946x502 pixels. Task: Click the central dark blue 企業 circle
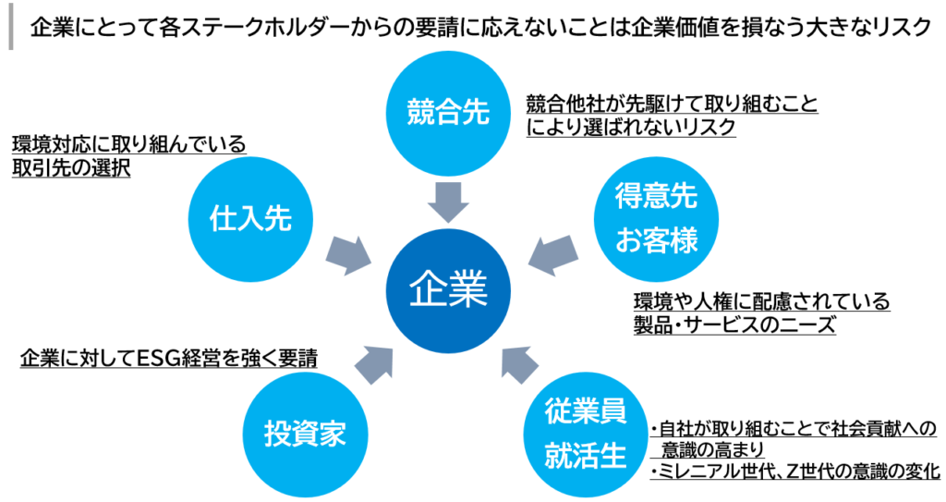tap(448, 290)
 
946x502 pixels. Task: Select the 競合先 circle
tap(448, 113)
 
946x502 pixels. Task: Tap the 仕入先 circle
tap(250, 219)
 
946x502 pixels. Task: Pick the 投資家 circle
tap(305, 435)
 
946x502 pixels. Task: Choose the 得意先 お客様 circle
tap(657, 219)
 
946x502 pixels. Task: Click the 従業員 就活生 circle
tap(585, 435)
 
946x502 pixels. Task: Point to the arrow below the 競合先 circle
tap(448, 202)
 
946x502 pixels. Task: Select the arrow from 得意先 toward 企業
tap(552, 255)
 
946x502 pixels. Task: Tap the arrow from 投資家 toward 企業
tap(374, 365)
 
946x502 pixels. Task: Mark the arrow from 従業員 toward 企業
tap(520, 365)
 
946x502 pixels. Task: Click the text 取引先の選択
tap(71, 168)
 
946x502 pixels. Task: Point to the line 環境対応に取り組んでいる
tap(129, 144)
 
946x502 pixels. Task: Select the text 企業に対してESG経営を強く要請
tap(168, 358)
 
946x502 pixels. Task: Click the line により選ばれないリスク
tap(631, 127)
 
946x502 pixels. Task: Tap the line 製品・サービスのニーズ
tap(734, 325)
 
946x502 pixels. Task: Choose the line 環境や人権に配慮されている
tap(761, 300)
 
